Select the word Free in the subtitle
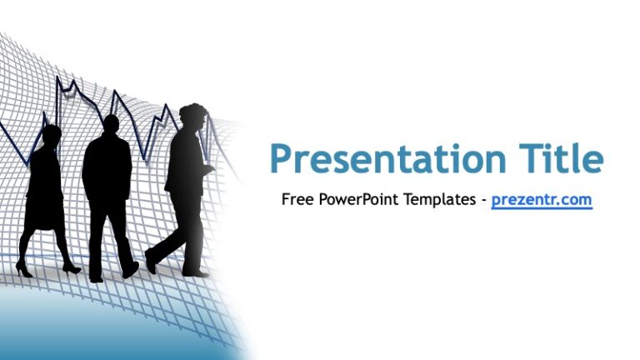coord(296,200)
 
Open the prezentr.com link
coord(541,200)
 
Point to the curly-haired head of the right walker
coord(192,118)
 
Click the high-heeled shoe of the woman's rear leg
coord(22,270)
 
